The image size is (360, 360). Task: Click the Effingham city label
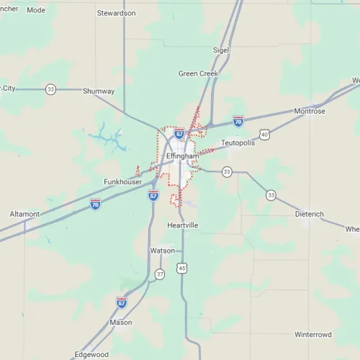[x=181, y=156]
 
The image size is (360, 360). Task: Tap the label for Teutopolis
[x=239, y=143]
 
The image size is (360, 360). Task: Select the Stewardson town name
[x=116, y=13]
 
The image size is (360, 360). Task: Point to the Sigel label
[x=220, y=50]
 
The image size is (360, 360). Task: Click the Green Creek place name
[x=199, y=73]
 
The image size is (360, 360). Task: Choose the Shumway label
[x=99, y=91]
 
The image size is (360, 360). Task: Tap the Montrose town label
[x=310, y=112]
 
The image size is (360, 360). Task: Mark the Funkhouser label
[x=123, y=182]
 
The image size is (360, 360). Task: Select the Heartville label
[x=182, y=225]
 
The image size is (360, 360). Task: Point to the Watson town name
[x=162, y=251]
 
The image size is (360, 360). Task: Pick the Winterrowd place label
[x=313, y=335]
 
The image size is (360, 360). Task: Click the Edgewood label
[x=91, y=354]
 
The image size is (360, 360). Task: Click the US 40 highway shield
[x=265, y=135]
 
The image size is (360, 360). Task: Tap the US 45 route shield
[x=183, y=269]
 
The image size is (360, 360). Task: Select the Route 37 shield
[x=160, y=274]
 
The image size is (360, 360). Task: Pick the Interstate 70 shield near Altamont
[x=95, y=204]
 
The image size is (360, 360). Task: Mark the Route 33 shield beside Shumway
[x=50, y=89]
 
